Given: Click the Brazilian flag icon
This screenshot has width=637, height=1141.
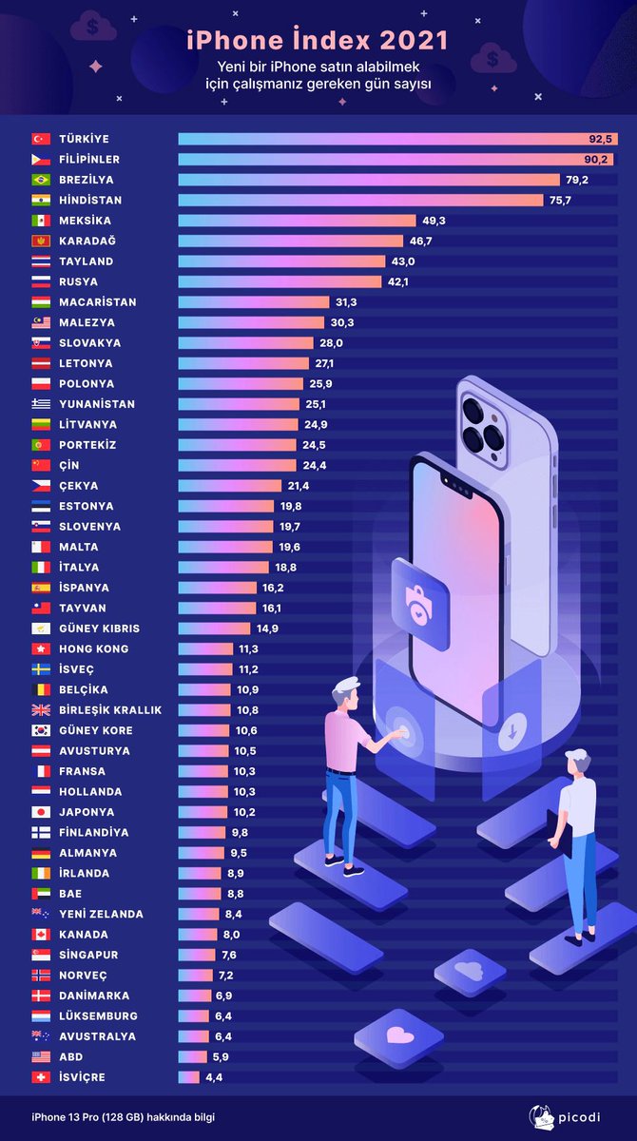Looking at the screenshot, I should (41, 180).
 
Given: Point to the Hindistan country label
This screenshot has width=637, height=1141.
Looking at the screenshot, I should (90, 201).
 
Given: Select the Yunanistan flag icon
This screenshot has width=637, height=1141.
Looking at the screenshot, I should (41, 404).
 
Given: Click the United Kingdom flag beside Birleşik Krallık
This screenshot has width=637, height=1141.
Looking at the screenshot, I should (41, 710).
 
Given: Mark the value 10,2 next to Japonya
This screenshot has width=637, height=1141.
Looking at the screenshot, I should (244, 812).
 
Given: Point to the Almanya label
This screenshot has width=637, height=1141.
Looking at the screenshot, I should (88, 853).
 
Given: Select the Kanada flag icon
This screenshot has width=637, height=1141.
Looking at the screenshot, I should (41, 935).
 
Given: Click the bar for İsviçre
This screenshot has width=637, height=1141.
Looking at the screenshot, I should (189, 1077).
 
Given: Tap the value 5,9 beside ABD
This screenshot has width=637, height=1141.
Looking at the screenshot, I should (220, 1056).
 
